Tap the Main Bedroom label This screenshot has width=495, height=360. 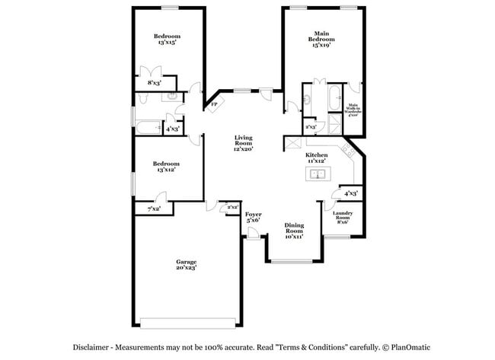(322, 37)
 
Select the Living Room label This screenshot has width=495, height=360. (243, 140)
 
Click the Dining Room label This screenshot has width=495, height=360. (294, 228)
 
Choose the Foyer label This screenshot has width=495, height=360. (254, 215)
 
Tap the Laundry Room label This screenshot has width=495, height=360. (337, 218)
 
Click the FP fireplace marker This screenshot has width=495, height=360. (214, 104)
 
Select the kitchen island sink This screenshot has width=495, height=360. (317, 175)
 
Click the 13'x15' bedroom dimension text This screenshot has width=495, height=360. (166, 43)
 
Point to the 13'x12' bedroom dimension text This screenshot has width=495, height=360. (166, 170)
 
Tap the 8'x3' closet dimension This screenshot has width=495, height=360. (154, 82)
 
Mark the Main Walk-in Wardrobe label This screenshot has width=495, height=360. (353, 111)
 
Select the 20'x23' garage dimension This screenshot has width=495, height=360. (187, 267)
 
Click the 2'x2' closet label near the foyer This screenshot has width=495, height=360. (232, 207)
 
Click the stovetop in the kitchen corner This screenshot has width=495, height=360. (348, 148)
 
